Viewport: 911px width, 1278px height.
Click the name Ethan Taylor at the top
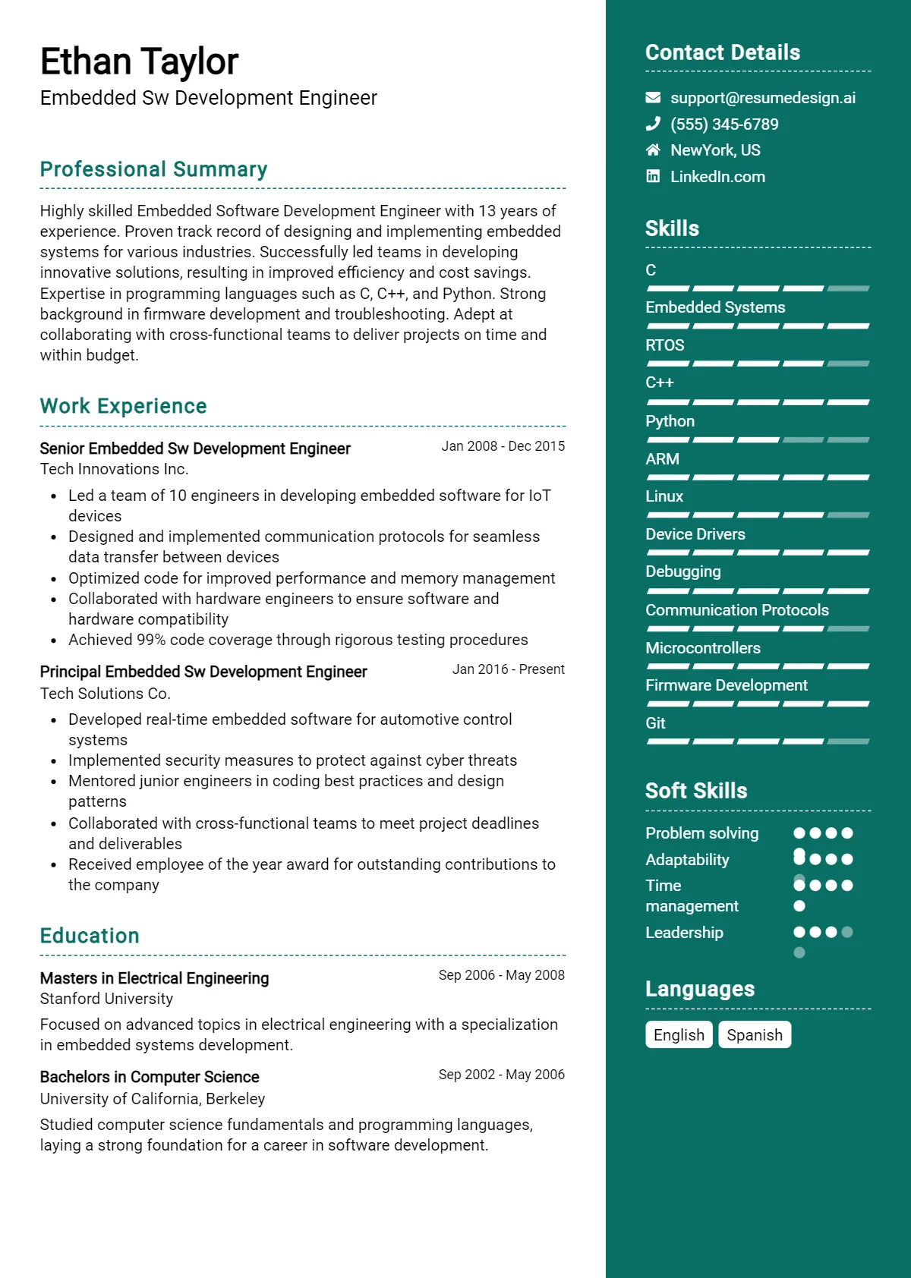pos(139,62)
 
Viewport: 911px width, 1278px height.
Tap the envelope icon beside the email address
pos(653,98)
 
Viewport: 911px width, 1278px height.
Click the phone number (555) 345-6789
pos(724,124)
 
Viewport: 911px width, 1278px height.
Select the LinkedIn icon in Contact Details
pos(653,177)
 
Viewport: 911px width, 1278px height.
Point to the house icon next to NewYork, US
pos(653,150)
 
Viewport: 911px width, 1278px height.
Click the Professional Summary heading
pos(153,169)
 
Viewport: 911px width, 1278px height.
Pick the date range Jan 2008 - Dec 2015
pos(503,446)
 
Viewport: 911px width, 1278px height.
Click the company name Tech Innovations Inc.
pos(114,469)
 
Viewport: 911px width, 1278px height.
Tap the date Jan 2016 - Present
pos(508,669)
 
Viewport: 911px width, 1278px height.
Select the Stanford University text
pos(106,999)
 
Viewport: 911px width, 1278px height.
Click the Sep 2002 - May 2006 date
pos(501,1075)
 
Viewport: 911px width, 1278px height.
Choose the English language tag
pos(679,1035)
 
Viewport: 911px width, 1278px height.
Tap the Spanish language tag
pos(755,1035)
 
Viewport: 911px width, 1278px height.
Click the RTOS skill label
pos(665,345)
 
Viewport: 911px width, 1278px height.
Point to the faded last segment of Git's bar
pos(848,741)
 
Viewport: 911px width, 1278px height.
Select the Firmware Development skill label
pos(727,685)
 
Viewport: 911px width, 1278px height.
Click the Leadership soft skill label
pos(684,933)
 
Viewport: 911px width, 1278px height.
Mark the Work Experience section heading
pos(123,406)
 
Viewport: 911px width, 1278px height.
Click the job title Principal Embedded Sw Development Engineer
pos(203,672)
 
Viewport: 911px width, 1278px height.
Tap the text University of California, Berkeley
pos(153,1099)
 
